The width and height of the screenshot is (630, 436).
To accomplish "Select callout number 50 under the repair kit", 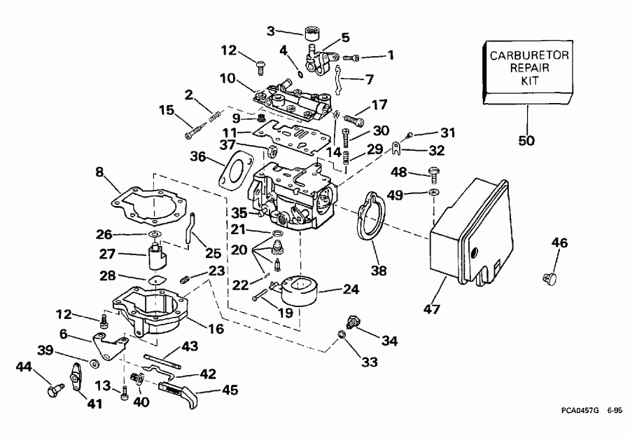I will [x=526, y=140].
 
